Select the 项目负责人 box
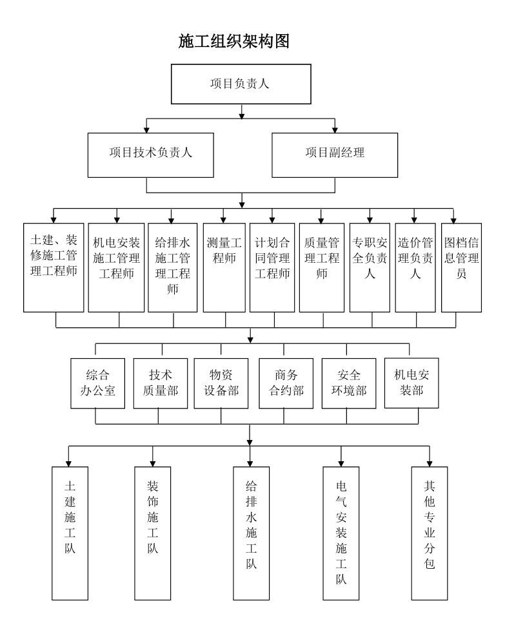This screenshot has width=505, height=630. point(241,84)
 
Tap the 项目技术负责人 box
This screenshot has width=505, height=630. point(152,154)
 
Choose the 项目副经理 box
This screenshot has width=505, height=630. point(335,154)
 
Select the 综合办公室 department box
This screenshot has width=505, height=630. point(96,383)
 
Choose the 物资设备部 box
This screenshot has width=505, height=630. point(221,383)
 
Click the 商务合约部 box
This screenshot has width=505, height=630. point(283,383)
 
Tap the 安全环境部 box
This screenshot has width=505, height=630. point(346,383)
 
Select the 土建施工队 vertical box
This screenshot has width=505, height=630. point(68,531)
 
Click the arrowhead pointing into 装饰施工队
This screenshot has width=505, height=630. point(152,463)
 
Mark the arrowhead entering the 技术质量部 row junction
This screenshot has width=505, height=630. point(250,339)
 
